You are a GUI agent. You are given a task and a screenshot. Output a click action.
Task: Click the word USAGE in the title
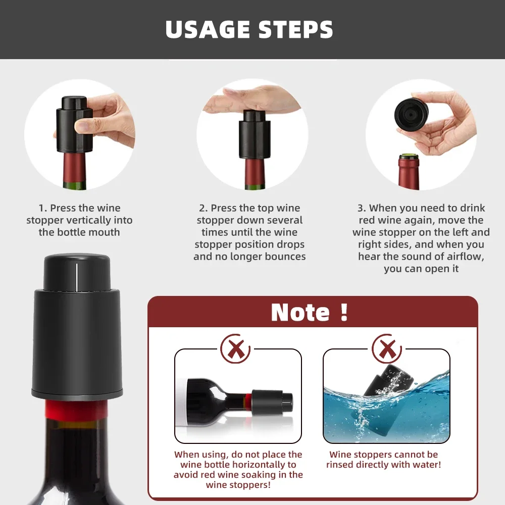[208, 29]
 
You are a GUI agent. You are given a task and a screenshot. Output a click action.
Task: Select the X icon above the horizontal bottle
[236, 348]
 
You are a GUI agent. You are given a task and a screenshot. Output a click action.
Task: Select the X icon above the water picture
[387, 348]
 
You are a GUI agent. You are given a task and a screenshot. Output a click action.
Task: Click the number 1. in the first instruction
[43, 208]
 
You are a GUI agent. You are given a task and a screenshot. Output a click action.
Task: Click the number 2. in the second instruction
[204, 208]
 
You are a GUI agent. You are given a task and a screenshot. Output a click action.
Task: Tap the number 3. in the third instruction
[362, 208]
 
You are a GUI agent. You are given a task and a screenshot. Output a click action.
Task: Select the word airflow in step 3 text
[462, 257]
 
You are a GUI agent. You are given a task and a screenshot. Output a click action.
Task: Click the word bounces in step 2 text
[286, 257]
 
